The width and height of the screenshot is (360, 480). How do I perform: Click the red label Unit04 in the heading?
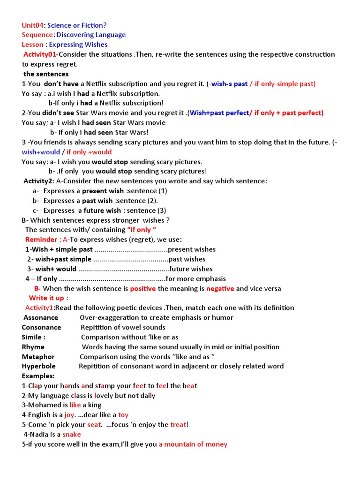click(32, 25)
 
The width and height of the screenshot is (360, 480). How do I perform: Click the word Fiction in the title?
click(91, 25)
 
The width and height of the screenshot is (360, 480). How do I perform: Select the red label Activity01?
click(42, 54)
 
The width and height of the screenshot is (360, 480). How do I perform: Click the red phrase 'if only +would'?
click(89, 152)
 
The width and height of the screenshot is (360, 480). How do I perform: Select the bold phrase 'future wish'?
click(101, 210)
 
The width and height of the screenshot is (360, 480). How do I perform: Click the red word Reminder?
click(41, 240)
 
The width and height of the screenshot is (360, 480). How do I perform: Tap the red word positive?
click(143, 289)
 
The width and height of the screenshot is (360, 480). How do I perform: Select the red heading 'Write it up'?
click(46, 298)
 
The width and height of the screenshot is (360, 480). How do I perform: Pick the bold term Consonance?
click(42, 328)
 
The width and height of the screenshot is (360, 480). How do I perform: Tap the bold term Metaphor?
click(38, 357)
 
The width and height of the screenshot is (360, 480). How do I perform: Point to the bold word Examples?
click(38, 376)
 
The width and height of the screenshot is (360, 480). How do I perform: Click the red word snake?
click(72, 435)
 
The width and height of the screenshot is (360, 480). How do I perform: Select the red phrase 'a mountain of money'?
click(193, 444)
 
